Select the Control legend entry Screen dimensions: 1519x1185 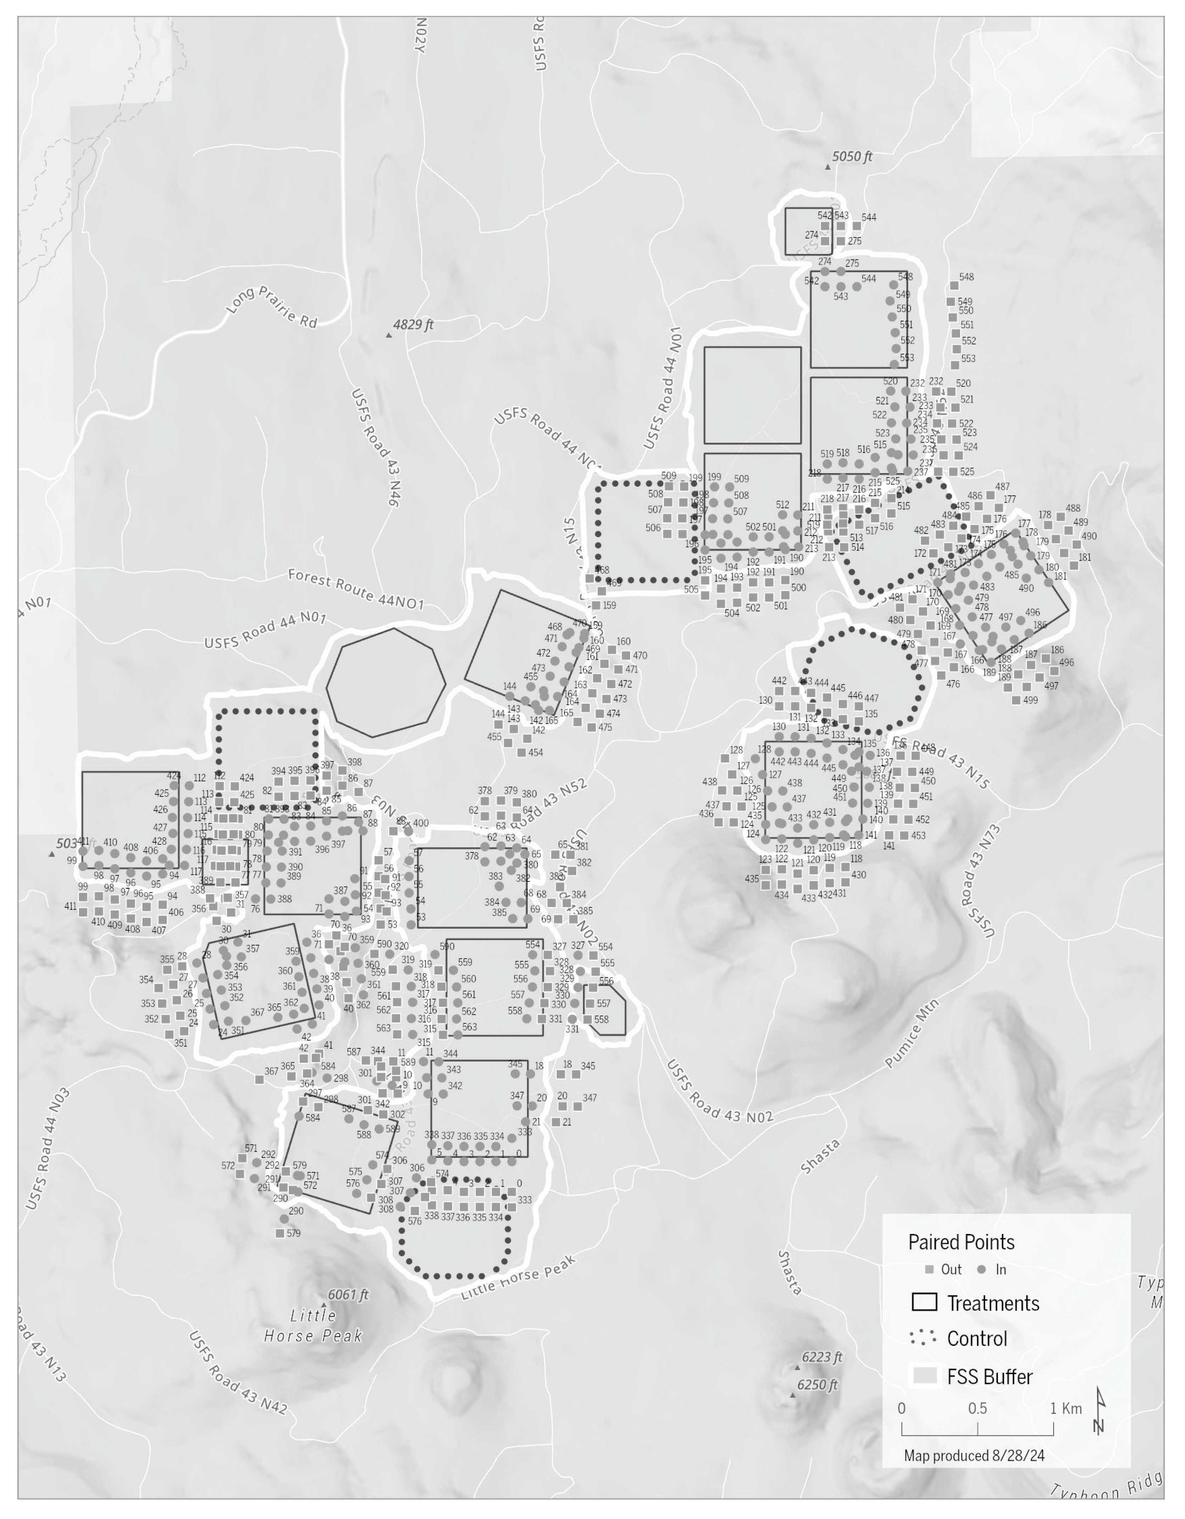[977, 1339]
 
